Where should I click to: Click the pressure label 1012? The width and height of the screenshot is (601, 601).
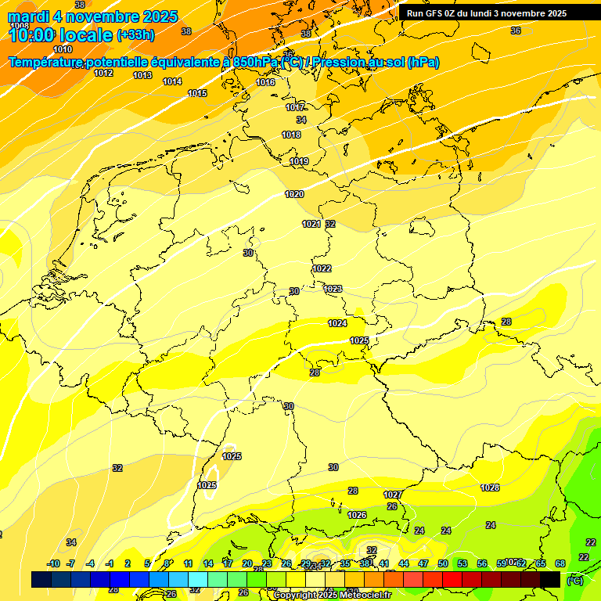[x=103, y=73]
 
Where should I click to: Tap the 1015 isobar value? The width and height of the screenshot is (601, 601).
[x=197, y=93]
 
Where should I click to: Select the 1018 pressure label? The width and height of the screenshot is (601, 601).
[x=291, y=135]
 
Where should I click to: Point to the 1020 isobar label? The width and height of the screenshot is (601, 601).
[x=294, y=194]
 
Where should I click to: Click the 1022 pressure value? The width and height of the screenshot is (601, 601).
[x=322, y=268]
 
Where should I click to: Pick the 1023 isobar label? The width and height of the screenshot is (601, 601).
[x=333, y=289]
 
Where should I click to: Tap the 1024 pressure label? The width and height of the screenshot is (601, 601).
[x=337, y=323]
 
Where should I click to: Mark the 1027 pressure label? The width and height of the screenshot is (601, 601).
[x=393, y=495]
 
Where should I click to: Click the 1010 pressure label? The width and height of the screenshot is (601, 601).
[x=63, y=49]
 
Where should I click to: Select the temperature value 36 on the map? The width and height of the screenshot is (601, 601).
[x=515, y=31]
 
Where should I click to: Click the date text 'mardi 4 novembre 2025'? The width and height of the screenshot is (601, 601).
[x=92, y=16]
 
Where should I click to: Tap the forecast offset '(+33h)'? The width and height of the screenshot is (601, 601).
[x=135, y=35]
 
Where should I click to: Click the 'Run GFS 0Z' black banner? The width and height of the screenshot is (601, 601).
[x=487, y=13]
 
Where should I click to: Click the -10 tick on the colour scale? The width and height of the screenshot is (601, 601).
[x=53, y=563]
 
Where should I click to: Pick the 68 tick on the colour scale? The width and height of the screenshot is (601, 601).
[x=560, y=563]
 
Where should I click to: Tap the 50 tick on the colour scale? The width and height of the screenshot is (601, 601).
[x=443, y=563]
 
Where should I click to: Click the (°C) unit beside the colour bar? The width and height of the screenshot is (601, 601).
[x=574, y=580]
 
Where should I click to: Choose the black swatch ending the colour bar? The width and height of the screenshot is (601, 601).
[x=550, y=579]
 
